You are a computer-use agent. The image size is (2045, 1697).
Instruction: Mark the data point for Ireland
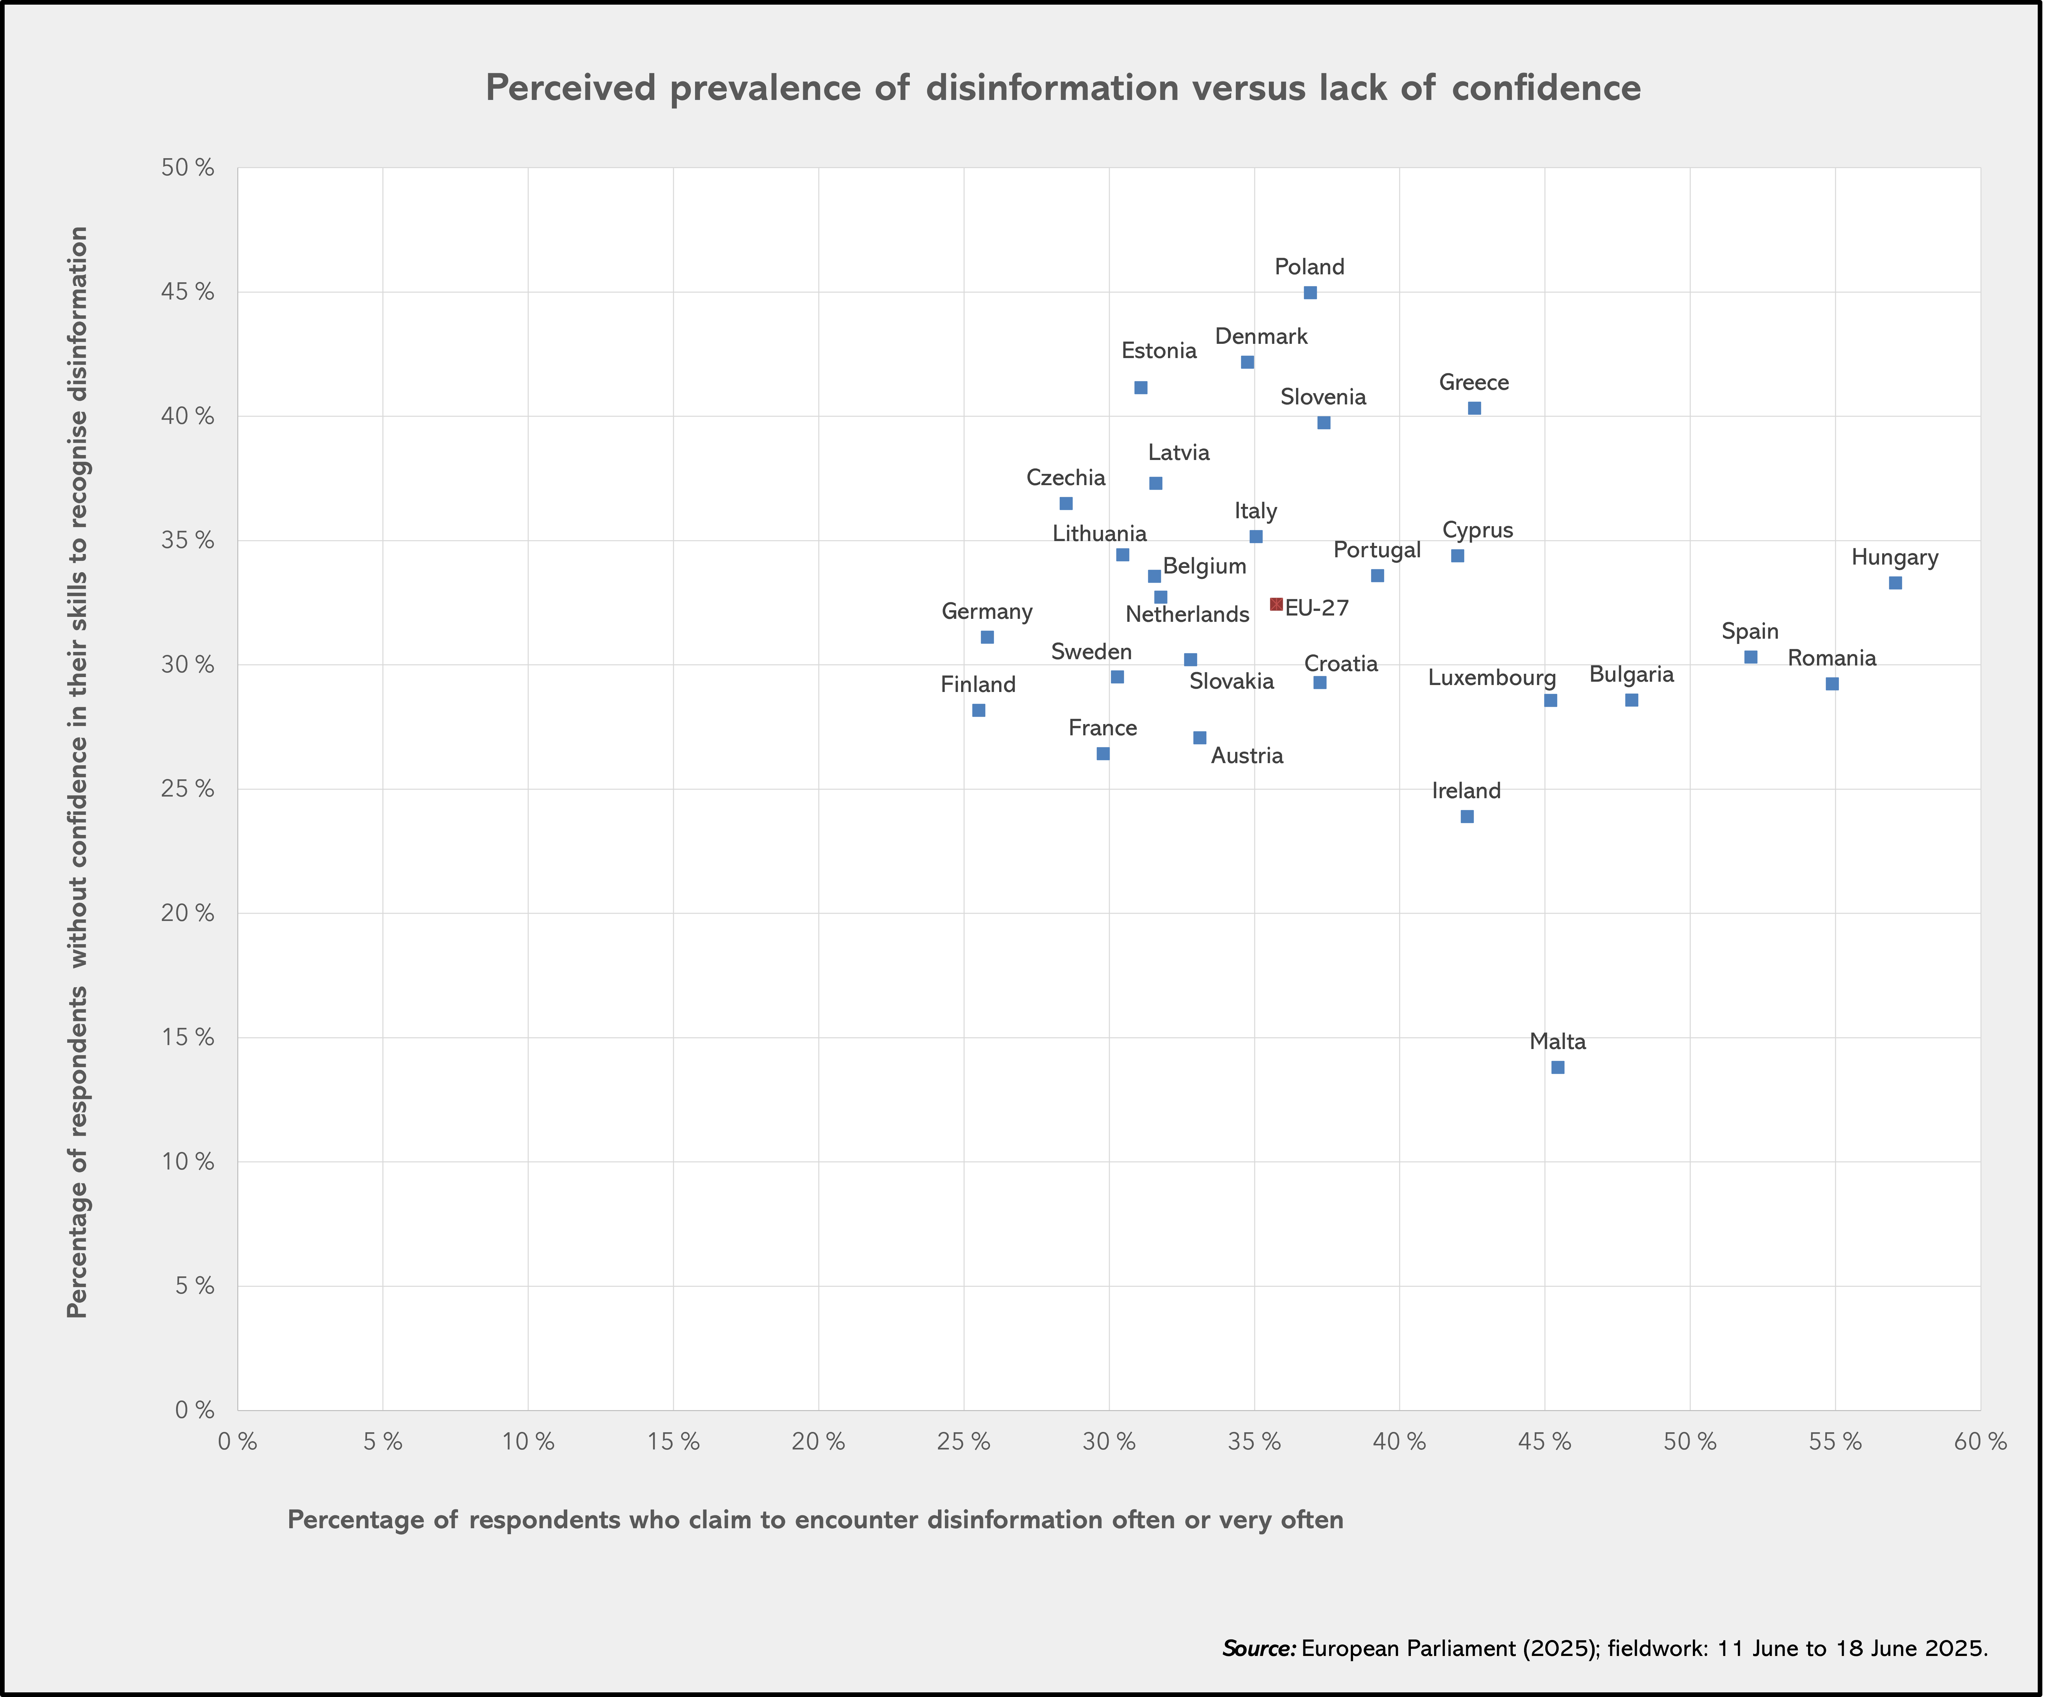click(1466, 816)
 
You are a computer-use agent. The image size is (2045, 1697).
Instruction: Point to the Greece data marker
click(1474, 408)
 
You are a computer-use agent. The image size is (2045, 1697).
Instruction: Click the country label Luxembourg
click(1492, 678)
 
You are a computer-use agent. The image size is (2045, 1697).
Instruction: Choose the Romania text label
click(1832, 658)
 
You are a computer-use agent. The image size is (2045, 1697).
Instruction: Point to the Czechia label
click(1066, 478)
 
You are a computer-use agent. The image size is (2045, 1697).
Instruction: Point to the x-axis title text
click(815, 1520)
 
